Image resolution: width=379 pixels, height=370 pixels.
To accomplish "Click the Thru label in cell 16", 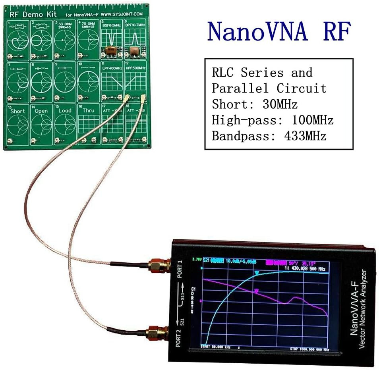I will pos(88,111).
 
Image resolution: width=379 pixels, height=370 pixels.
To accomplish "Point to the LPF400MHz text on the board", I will pos(111,68).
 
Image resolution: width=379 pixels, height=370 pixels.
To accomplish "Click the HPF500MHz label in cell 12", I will pos(135,68).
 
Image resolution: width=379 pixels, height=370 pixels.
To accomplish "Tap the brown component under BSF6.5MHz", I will pos(109,50).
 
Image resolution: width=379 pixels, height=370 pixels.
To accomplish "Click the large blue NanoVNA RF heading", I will pos(279,32).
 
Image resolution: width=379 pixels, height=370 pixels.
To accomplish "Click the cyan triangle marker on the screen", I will pos(257,273).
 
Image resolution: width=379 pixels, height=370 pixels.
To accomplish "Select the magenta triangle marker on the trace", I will pos(257,291).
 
